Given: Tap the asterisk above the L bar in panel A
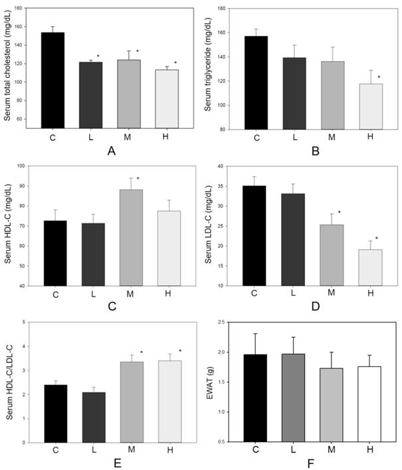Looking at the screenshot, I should [98, 57].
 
